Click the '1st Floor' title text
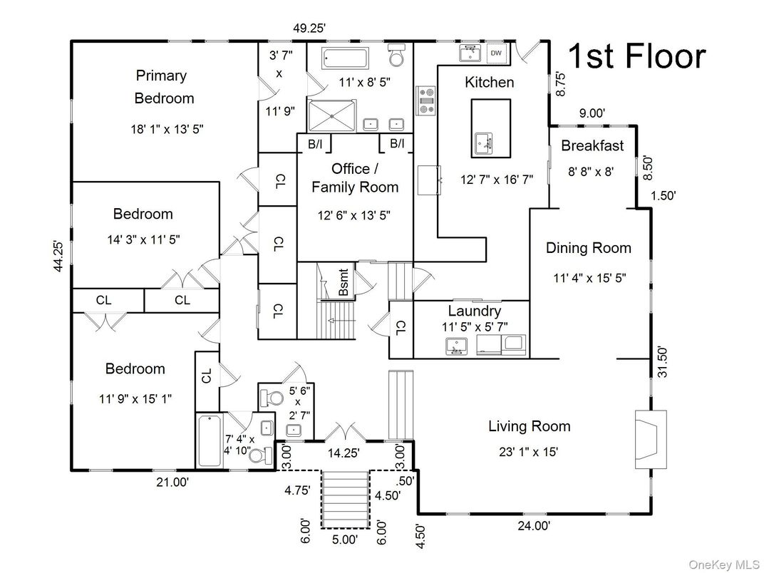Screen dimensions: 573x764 tap(636, 57)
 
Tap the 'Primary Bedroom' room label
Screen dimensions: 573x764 tap(162, 86)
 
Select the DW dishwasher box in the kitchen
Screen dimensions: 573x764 tap(496, 53)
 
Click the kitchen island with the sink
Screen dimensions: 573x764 tap(490, 128)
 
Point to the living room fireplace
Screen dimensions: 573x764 tap(651, 438)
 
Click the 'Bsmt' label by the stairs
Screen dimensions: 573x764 tap(344, 283)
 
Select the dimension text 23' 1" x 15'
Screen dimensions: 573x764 tap(528, 451)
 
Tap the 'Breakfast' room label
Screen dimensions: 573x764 tap(592, 145)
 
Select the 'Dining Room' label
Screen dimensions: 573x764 tap(588, 248)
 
